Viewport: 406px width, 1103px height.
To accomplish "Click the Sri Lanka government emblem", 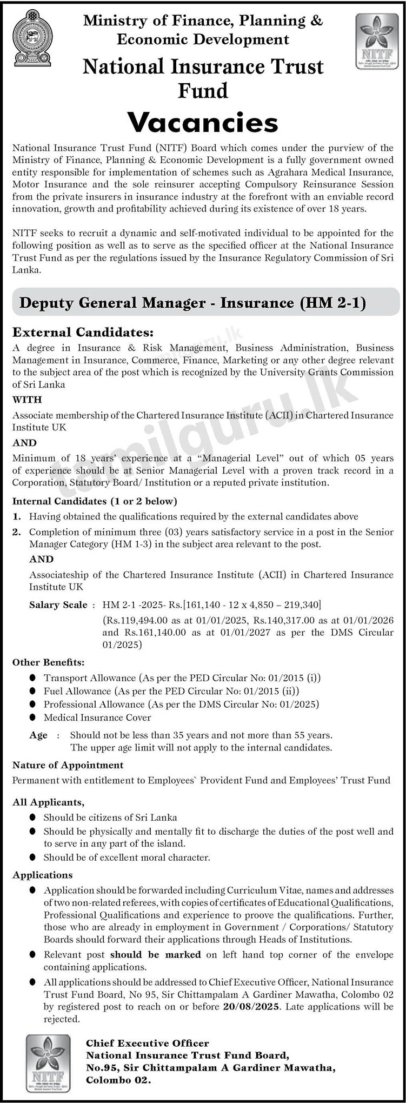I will click(32, 38).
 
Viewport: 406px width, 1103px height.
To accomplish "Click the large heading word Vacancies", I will click(203, 123).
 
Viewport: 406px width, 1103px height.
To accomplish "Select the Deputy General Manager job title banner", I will click(192, 303).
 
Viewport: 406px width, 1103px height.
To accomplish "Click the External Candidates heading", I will click(83, 332).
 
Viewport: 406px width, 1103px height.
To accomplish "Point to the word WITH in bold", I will click(27, 400).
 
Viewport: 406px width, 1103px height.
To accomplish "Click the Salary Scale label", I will click(58, 604).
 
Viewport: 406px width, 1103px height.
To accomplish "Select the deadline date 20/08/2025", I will click(251, 1006).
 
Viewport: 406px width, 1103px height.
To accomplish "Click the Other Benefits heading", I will click(48, 662).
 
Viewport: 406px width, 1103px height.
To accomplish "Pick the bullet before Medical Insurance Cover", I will click(33, 717).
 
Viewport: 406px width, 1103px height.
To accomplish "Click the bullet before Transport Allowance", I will click(33, 677).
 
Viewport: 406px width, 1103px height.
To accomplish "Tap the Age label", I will click(38, 735).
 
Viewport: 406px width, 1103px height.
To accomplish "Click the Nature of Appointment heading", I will click(68, 765).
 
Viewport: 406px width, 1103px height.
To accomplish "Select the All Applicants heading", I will click(48, 802).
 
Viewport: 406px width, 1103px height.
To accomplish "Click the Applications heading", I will click(42, 875).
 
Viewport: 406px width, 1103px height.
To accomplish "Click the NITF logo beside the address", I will click(48, 1062).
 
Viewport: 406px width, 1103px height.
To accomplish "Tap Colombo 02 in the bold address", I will click(118, 1080).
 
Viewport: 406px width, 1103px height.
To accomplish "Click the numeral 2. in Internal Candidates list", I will click(17, 532).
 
